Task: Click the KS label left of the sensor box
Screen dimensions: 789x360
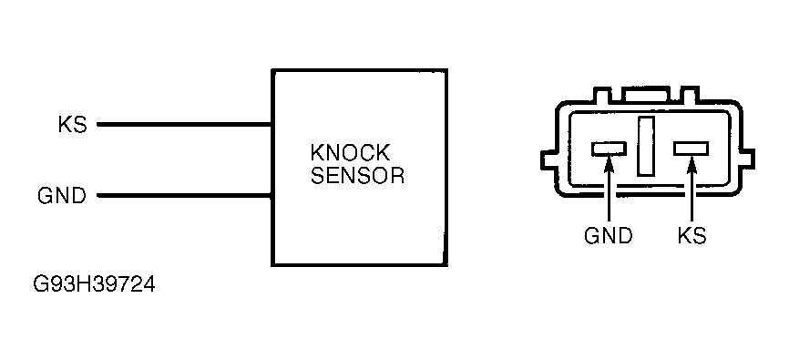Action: [73, 124]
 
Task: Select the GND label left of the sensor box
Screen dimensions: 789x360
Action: [62, 195]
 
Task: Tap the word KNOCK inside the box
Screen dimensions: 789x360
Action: [350, 153]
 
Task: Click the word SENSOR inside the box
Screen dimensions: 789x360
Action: [357, 175]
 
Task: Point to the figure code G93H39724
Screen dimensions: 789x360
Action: [94, 285]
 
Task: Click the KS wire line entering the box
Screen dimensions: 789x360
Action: [184, 124]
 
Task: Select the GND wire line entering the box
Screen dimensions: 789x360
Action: [184, 195]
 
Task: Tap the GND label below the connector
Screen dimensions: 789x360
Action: [608, 236]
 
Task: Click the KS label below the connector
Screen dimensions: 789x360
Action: [692, 236]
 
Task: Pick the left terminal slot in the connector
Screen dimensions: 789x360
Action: [609, 149]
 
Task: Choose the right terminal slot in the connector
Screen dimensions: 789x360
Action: [692, 149]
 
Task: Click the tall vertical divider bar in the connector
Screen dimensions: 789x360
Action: [646, 146]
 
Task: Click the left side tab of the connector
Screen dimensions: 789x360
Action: [548, 159]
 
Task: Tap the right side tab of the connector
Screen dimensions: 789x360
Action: [748, 159]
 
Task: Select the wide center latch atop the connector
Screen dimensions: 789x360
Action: [646, 94]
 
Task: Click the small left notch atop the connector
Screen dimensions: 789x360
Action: [602, 95]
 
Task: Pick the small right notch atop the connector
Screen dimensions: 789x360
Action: [689, 95]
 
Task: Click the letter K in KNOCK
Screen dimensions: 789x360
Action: [317, 153]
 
